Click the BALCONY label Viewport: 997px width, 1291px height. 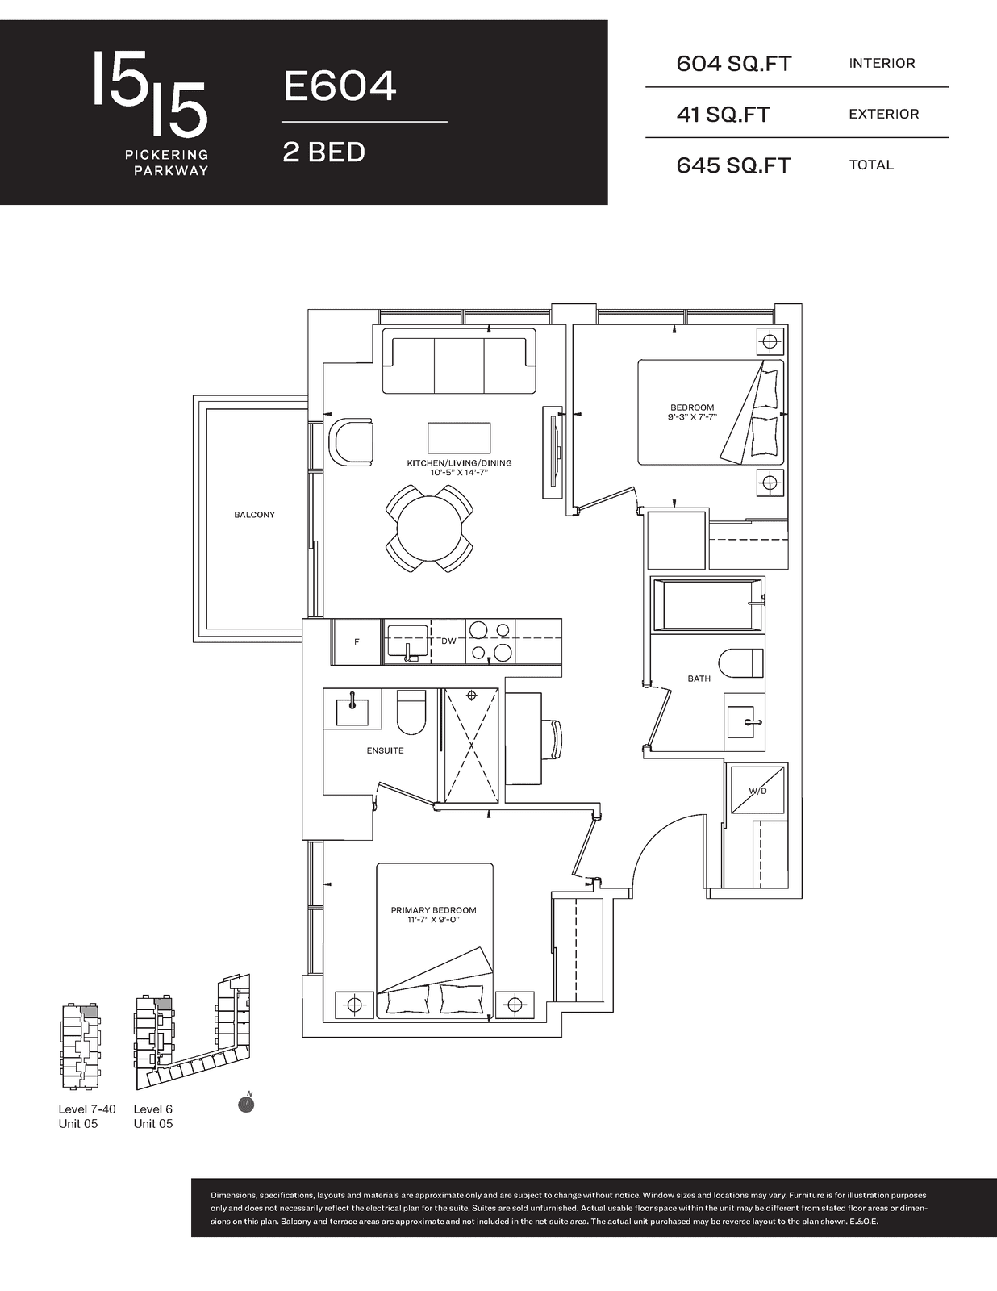[254, 515]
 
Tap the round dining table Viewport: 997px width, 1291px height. [429, 529]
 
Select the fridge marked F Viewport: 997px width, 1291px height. [357, 641]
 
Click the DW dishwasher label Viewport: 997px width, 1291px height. [448, 641]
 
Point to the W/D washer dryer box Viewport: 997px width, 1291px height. [757, 791]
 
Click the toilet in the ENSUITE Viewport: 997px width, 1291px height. [411, 712]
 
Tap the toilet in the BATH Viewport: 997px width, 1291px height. [741, 663]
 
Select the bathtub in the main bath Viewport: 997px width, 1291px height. [707, 605]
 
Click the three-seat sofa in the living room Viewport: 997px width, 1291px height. [459, 361]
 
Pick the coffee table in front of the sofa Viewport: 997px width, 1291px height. [459, 438]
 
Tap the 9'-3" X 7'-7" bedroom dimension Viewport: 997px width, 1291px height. [692, 417]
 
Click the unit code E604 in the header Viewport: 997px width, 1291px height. [340, 86]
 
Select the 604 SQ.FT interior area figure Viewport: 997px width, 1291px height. [734, 64]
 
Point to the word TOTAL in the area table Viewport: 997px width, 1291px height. [871, 165]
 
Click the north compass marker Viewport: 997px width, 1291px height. [246, 1103]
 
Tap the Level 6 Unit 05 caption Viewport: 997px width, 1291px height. [153, 1117]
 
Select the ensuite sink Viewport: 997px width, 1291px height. [352, 710]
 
